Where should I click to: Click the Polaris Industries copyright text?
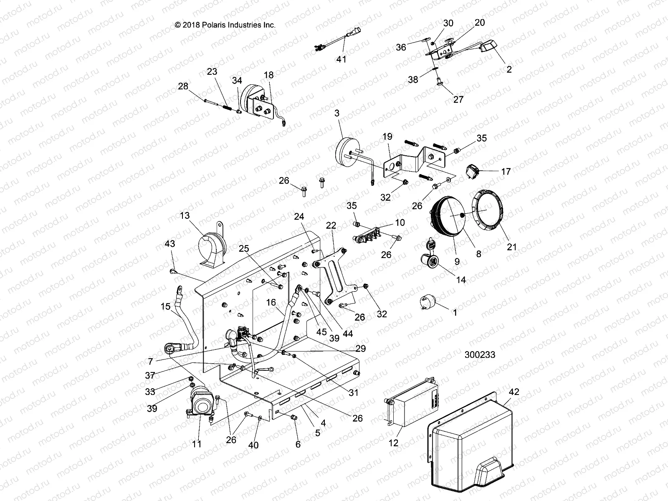225,25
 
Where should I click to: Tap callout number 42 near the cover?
514,392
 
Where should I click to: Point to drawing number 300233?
480,354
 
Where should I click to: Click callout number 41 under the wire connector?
341,59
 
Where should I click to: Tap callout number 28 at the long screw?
183,86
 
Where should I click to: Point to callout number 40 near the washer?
253,445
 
